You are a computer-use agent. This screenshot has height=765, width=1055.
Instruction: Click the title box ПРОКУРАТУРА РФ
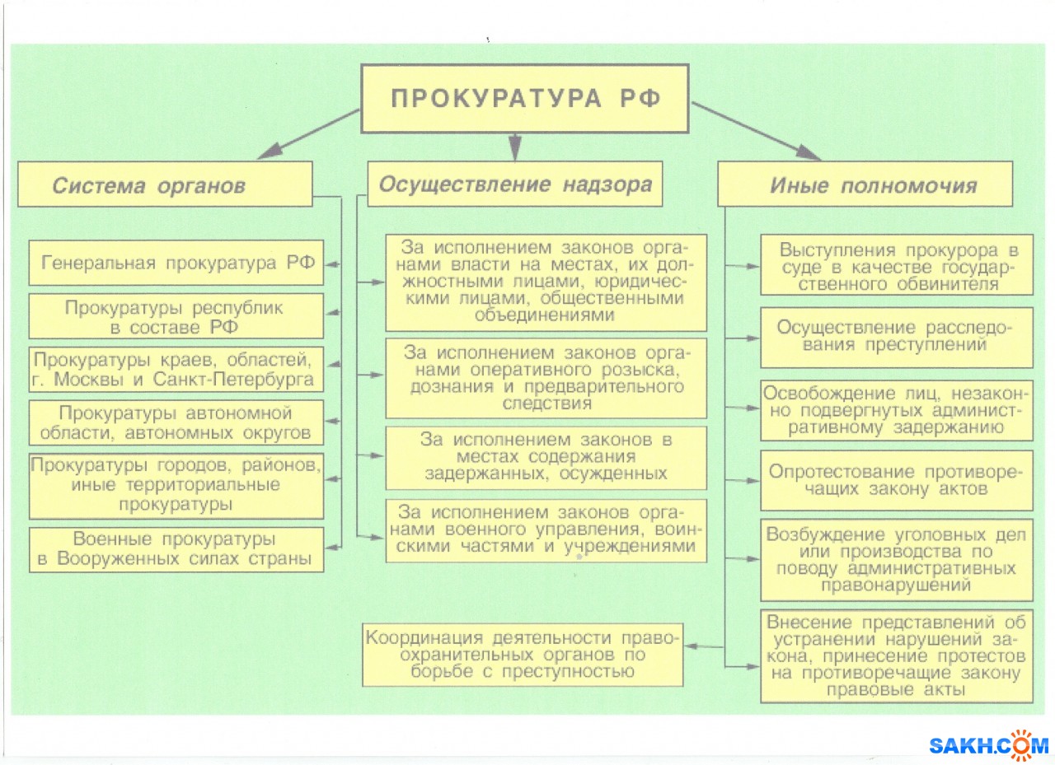(x=525, y=98)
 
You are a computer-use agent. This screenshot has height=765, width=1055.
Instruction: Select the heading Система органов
(x=165, y=184)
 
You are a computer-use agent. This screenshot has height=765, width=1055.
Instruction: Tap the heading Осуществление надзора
(x=515, y=184)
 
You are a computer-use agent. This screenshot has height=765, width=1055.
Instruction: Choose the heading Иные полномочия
(x=865, y=184)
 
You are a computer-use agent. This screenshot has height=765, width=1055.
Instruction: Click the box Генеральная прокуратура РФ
(x=176, y=264)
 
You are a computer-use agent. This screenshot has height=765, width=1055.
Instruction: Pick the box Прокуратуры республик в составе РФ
(x=176, y=316)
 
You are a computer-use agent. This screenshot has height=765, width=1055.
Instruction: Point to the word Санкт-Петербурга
(x=248, y=380)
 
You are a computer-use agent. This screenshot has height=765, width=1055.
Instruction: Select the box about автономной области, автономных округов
(x=176, y=422)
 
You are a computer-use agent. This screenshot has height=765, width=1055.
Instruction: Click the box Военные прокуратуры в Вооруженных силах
(x=176, y=549)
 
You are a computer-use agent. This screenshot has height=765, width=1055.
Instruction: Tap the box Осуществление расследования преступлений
(x=896, y=337)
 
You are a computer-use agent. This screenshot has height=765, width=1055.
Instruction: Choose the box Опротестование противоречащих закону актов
(x=896, y=480)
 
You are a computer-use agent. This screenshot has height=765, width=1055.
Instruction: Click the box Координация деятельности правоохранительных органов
(x=523, y=655)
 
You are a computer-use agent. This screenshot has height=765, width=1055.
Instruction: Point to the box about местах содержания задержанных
(x=546, y=457)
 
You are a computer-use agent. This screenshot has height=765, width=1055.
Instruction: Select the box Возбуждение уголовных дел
(x=896, y=560)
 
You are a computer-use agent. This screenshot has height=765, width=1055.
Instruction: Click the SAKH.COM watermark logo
(x=988, y=744)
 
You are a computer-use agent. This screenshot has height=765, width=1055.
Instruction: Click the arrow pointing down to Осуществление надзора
(x=515, y=147)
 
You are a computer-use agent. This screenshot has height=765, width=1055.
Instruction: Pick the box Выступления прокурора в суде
(x=896, y=267)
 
